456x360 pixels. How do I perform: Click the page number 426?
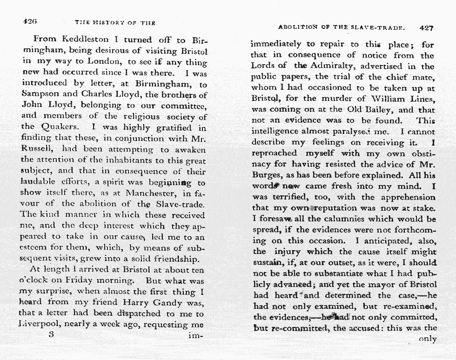pyautogui.click(x=29, y=21)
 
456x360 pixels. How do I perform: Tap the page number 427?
pyautogui.click(x=426, y=27)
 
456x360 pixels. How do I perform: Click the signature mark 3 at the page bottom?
pyautogui.click(x=51, y=334)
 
